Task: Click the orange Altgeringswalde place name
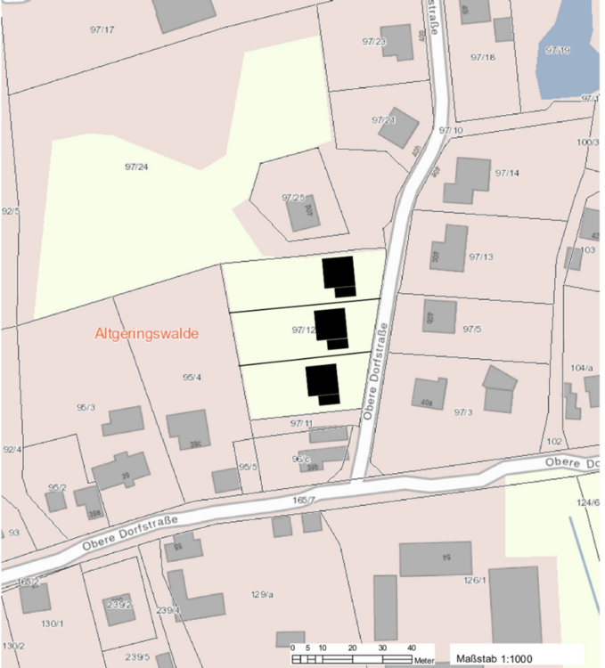click(146, 333)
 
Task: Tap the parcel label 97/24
click(136, 167)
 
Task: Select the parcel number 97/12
click(304, 330)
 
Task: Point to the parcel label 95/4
click(192, 378)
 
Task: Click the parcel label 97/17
click(102, 30)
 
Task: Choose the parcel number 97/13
click(480, 257)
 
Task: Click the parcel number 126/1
click(474, 580)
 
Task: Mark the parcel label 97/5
click(472, 329)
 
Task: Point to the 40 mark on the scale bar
click(412, 648)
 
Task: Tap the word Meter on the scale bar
click(424, 660)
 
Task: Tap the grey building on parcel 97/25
click(303, 213)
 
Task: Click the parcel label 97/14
click(506, 172)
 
